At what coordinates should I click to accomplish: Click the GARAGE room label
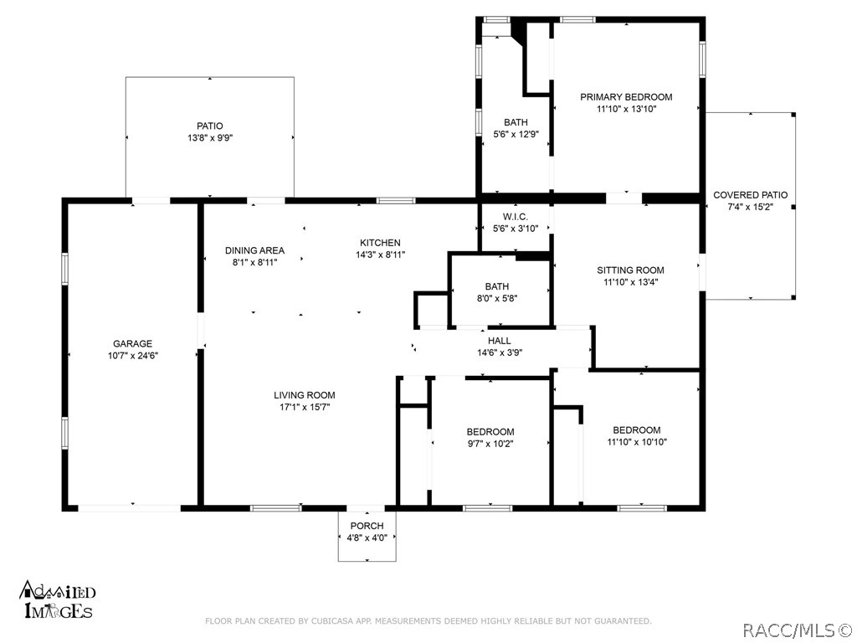pos(132,344)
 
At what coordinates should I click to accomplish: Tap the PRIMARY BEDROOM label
pos(626,97)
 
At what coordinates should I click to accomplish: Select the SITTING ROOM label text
pos(630,270)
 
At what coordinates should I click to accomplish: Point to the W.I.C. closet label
pos(516,217)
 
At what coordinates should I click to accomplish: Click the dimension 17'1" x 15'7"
pos(305,408)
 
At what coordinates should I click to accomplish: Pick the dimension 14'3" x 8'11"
pos(381,255)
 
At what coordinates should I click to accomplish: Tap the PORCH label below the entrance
pos(367,526)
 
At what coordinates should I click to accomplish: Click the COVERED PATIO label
pos(751,195)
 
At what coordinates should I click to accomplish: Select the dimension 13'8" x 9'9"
pos(210,138)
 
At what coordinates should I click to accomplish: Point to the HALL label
pos(500,342)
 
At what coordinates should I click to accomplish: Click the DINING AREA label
pos(254,251)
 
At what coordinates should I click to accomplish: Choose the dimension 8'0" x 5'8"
pos(497,299)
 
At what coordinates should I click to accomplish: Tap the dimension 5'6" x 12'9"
pos(516,135)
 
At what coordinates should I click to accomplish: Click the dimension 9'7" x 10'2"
pos(490,444)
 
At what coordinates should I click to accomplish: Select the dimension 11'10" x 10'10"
pos(637,442)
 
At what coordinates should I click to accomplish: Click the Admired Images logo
pos(58,599)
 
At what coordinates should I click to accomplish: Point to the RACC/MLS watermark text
pos(798,630)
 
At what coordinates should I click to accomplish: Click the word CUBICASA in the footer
pos(331,621)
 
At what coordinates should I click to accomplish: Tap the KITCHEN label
pos(380,243)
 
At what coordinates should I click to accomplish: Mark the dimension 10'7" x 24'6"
pos(133,356)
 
